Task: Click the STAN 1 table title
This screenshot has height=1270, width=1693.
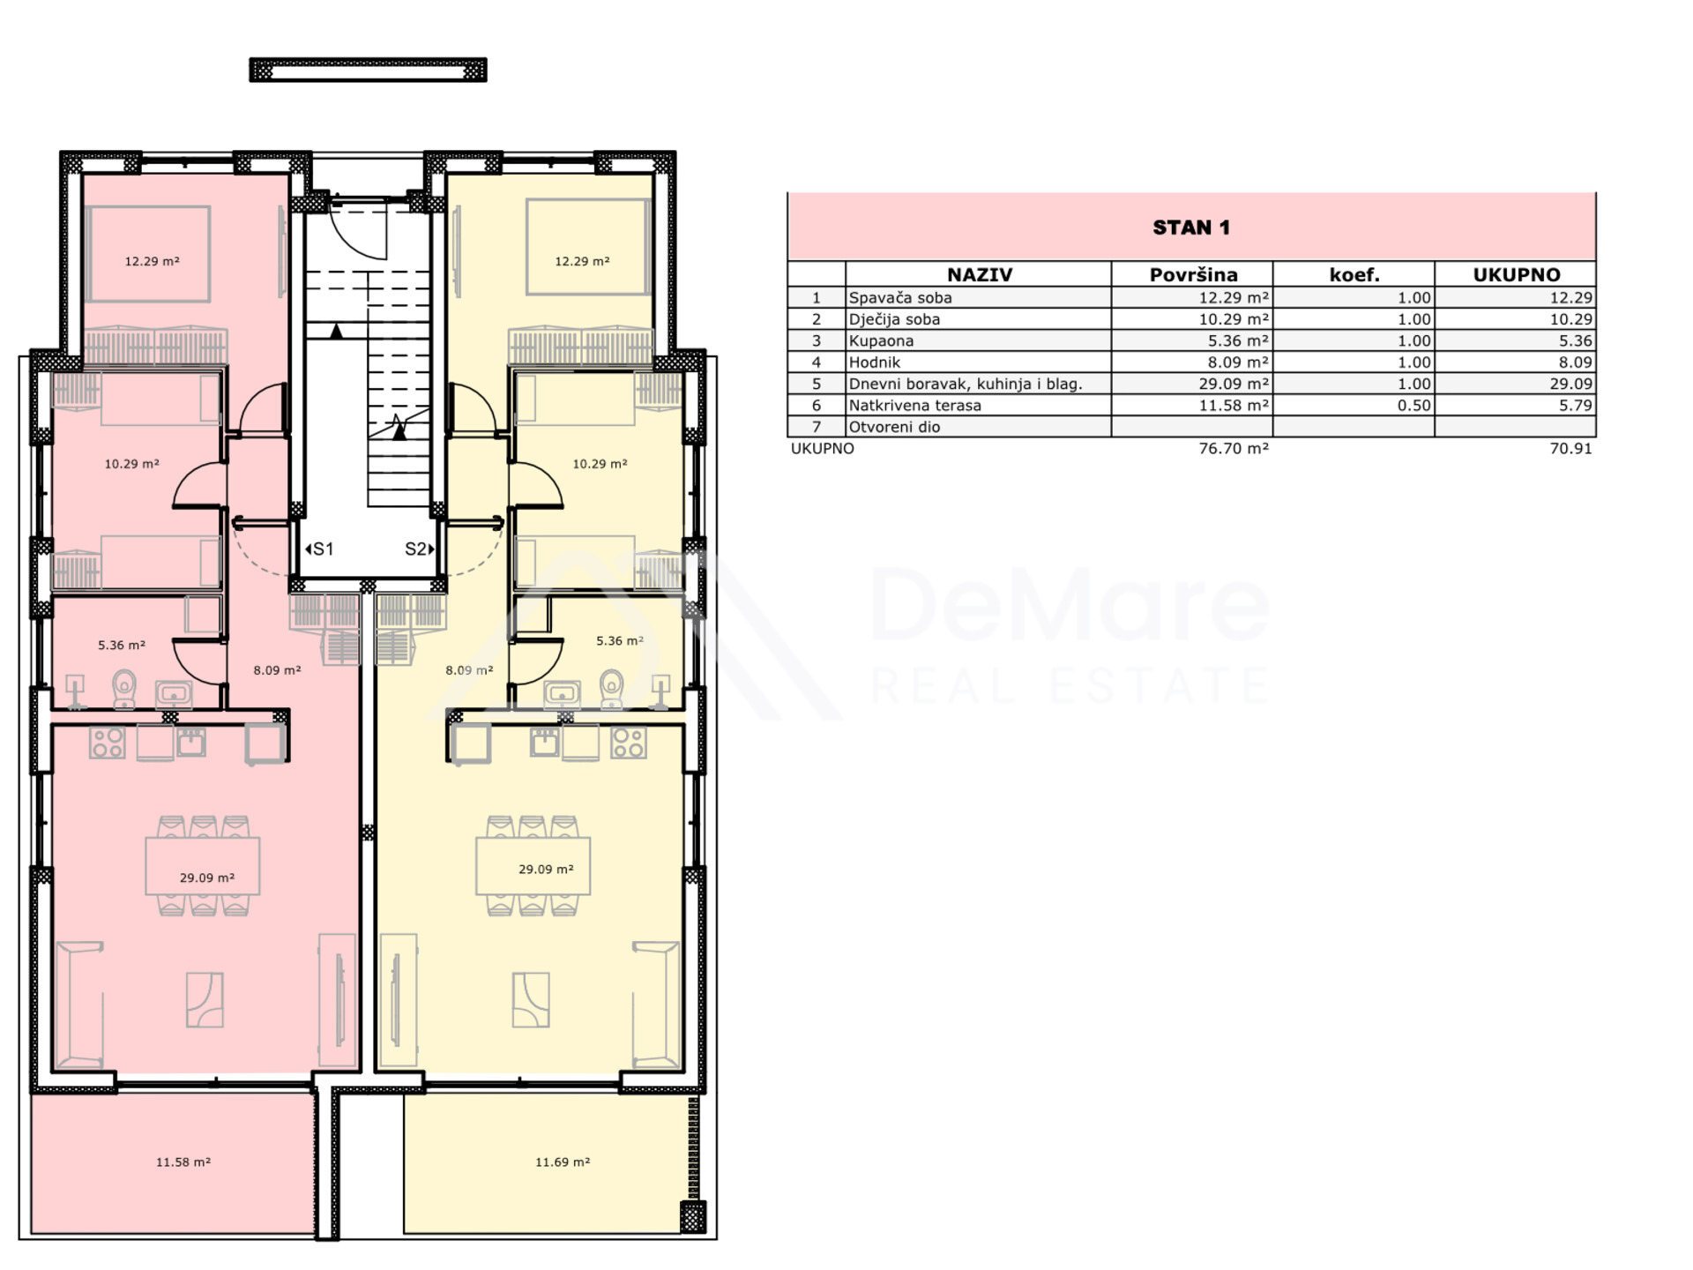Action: pos(1190,228)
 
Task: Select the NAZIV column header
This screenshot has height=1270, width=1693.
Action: pos(979,274)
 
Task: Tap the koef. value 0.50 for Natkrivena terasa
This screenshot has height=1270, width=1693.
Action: pos(1413,406)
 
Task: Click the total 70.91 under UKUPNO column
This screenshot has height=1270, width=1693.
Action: pos(1571,449)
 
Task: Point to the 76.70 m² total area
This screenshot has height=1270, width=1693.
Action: pos(1234,449)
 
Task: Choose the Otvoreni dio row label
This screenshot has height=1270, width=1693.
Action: pos(894,427)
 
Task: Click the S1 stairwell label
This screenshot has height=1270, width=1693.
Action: pos(319,549)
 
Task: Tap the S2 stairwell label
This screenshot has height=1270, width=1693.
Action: pos(420,549)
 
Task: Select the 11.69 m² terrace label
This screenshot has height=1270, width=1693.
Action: pos(563,1162)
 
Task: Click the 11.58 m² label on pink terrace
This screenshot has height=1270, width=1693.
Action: pos(183,1162)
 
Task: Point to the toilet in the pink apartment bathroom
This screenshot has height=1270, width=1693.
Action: pos(124,688)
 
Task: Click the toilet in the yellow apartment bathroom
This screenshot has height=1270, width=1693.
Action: pos(610,688)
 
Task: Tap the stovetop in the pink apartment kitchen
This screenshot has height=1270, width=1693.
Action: pos(108,743)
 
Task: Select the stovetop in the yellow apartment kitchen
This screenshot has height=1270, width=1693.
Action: pos(629,743)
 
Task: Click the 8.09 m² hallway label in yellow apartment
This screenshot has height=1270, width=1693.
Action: pos(469,670)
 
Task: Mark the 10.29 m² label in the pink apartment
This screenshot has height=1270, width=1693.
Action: pos(131,464)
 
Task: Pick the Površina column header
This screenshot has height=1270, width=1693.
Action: pos(1193,274)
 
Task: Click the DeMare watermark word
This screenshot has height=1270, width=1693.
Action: pos(1070,604)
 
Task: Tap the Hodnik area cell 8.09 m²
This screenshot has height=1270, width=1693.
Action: pos(1234,362)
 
